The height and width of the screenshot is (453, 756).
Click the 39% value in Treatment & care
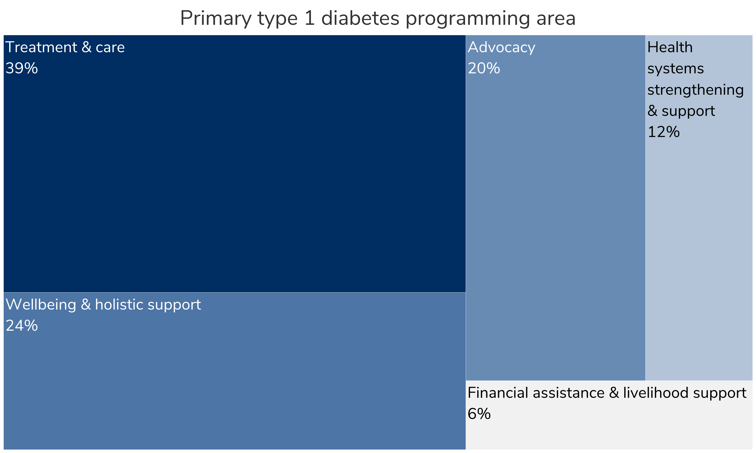pos(22,68)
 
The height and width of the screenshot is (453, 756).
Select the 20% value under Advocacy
pos(484,68)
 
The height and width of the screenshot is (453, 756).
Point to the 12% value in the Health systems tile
pos(663,132)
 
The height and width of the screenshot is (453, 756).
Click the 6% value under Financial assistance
pos(479,414)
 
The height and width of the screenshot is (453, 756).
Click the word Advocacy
pos(501,48)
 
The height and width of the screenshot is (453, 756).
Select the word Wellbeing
pos(41,305)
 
